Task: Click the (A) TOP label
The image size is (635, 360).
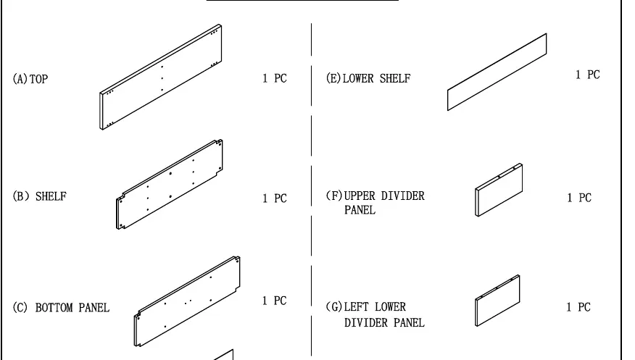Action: pyautogui.click(x=30, y=79)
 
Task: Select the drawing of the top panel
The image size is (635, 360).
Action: pyautogui.click(x=161, y=78)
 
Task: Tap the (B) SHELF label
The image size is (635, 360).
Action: pyautogui.click(x=40, y=196)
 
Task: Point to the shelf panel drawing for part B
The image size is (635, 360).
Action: pyautogui.click(x=170, y=185)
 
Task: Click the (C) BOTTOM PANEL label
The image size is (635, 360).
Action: pyautogui.click(x=61, y=308)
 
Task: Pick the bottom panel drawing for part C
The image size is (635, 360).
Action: pyautogui.click(x=187, y=301)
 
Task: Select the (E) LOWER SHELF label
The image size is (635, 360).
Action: pyautogui.click(x=368, y=78)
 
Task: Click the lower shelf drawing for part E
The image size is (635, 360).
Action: pyautogui.click(x=497, y=72)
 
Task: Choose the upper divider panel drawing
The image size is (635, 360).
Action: pyautogui.click(x=499, y=190)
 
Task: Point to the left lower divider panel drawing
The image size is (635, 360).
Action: pyautogui.click(x=497, y=301)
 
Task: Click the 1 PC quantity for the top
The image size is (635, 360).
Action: pyautogui.click(x=275, y=78)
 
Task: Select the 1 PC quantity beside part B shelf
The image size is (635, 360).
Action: pyautogui.click(x=275, y=198)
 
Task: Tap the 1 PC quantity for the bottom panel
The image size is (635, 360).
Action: pyautogui.click(x=274, y=301)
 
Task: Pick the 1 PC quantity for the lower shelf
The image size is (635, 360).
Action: pyautogui.click(x=588, y=75)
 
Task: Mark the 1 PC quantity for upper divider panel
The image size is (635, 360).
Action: pyautogui.click(x=579, y=198)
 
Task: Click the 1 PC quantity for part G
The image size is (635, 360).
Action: pyautogui.click(x=578, y=307)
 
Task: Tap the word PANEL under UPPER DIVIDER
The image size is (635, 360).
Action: pyautogui.click(x=360, y=210)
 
